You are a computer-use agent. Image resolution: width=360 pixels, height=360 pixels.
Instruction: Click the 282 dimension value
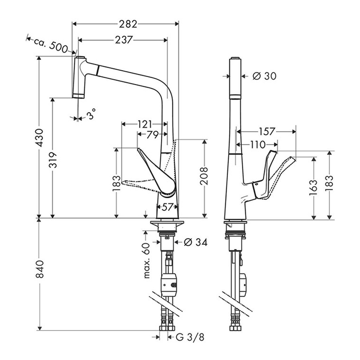(x=128, y=24)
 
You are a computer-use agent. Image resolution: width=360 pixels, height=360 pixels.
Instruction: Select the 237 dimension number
(x=124, y=40)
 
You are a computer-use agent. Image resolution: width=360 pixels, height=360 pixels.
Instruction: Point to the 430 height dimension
(x=40, y=138)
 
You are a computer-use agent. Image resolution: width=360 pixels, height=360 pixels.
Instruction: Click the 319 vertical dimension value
(x=53, y=160)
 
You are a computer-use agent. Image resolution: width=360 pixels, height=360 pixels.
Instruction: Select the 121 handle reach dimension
(x=144, y=124)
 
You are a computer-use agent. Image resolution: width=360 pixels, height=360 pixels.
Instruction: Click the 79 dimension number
(x=153, y=135)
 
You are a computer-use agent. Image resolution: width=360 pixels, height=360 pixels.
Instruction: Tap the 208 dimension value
(x=204, y=176)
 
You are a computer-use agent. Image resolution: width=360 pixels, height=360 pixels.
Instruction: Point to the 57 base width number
(x=167, y=207)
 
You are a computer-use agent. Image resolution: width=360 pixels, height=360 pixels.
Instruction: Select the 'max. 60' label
(x=147, y=261)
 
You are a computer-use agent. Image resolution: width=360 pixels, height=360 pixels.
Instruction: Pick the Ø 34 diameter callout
(x=196, y=242)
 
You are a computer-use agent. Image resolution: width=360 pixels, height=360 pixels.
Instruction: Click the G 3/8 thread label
(x=190, y=337)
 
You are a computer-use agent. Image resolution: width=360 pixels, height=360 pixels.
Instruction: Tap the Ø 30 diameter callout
(x=264, y=76)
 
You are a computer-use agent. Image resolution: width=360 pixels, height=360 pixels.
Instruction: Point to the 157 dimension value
(x=267, y=131)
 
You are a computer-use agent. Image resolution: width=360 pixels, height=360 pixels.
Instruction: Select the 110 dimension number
(x=258, y=144)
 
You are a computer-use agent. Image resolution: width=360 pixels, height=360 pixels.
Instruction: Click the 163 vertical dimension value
(x=313, y=188)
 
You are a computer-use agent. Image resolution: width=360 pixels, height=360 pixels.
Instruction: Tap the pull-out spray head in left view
(x=79, y=77)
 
